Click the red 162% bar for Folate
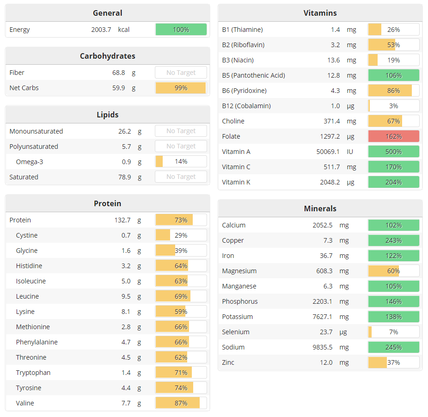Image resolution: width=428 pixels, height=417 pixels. [x=393, y=136]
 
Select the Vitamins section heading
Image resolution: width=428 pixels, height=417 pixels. [x=320, y=13]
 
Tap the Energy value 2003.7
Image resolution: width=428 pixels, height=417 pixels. [x=101, y=30]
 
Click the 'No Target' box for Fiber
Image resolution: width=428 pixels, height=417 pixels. [x=181, y=73]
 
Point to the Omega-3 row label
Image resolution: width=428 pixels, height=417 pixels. [x=30, y=162]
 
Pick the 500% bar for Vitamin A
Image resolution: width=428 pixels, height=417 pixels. [x=393, y=152]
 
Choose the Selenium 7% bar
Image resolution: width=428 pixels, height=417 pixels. [x=393, y=332]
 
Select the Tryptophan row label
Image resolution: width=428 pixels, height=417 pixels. [x=33, y=373]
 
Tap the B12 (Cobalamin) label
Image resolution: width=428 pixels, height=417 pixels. [x=246, y=106]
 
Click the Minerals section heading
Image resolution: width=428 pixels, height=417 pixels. [x=320, y=208]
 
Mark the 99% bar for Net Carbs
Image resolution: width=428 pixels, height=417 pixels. [x=181, y=88]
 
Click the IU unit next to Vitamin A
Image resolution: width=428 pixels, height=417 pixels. [x=350, y=152]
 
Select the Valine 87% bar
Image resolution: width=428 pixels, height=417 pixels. [x=181, y=403]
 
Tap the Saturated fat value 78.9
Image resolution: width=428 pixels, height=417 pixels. [x=124, y=177]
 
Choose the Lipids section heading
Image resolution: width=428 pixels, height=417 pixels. [x=107, y=115]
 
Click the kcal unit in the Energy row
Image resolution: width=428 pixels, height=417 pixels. [x=124, y=30]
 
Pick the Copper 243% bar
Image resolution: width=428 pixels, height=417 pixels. [x=393, y=240]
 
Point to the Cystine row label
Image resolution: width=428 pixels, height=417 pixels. [x=27, y=235]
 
